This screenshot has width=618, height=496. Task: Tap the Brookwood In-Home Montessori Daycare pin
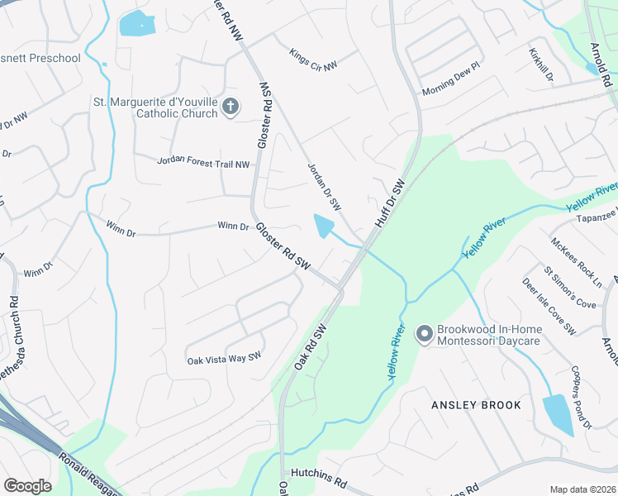click(x=425, y=334)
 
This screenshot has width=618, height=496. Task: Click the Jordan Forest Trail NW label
click(x=203, y=164)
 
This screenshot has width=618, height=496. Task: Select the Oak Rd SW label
click(x=311, y=347)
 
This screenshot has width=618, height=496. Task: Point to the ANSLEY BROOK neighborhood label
click(x=477, y=405)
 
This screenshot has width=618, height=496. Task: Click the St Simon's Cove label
click(x=569, y=287)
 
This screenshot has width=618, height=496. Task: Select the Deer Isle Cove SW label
click(x=549, y=306)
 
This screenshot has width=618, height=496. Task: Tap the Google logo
click(x=27, y=486)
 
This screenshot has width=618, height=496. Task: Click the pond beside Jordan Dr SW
click(x=324, y=225)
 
